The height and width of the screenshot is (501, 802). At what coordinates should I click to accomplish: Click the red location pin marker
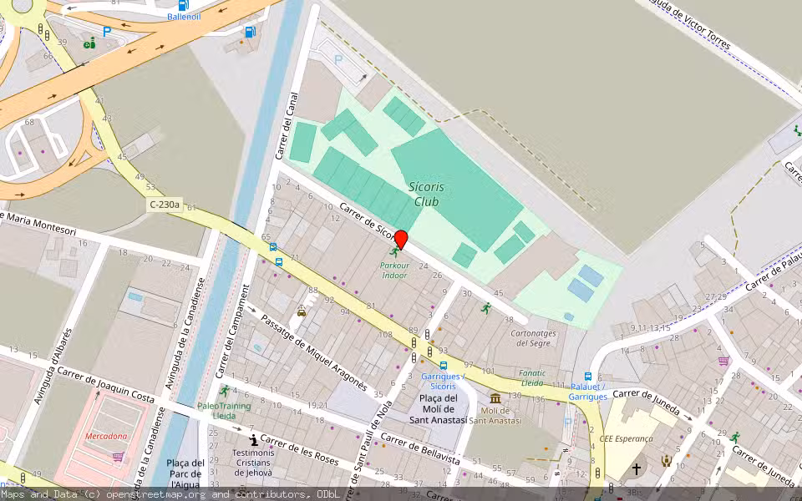tap(400, 240)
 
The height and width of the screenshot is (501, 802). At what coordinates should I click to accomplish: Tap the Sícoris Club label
tap(427, 194)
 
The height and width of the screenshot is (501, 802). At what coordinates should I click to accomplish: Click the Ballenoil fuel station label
tap(184, 17)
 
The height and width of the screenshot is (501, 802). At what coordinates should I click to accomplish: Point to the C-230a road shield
tap(165, 205)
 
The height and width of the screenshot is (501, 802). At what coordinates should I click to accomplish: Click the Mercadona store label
tap(106, 436)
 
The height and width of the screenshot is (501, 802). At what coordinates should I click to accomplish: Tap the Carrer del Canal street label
tap(286, 125)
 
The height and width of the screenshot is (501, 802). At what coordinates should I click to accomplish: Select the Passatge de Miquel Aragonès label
tap(314, 353)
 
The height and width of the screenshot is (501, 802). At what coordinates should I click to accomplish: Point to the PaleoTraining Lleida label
tap(224, 410)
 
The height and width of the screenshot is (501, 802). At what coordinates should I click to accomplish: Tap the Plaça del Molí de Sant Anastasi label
tap(437, 408)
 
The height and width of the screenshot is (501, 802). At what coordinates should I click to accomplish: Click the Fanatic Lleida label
tap(533, 377)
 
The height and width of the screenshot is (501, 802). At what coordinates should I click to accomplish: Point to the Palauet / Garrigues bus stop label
tap(588, 392)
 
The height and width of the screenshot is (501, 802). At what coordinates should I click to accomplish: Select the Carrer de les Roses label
tap(298, 452)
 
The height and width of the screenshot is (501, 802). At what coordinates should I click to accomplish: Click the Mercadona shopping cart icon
tap(118, 457)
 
